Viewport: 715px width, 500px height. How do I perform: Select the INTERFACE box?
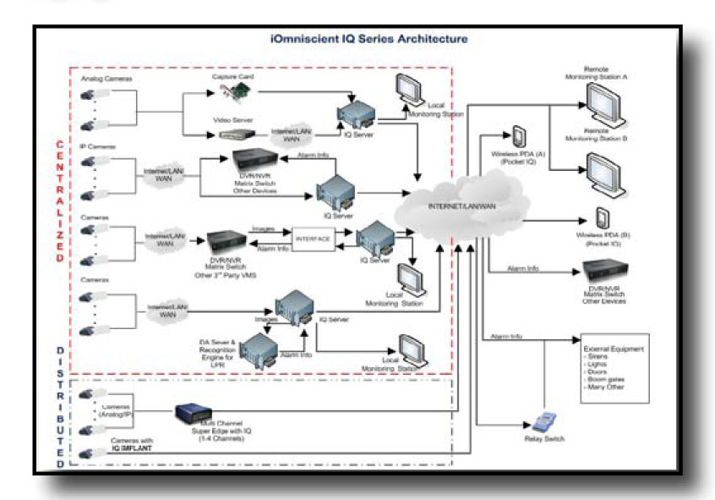click(x=313, y=239)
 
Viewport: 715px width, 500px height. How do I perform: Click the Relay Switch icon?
click(x=548, y=421)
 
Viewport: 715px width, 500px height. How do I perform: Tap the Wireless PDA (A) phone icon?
click(x=516, y=138)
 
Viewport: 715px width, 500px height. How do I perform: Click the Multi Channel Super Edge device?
click(x=196, y=416)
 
